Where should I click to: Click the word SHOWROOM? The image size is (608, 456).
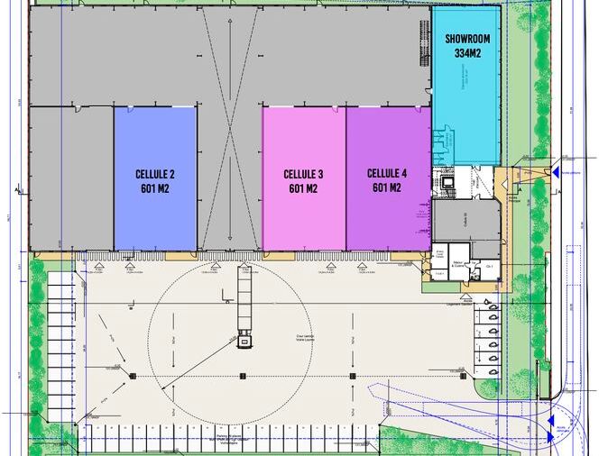point(465,39)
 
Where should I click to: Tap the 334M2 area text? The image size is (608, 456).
point(465,54)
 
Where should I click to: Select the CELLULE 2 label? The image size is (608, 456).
point(155,174)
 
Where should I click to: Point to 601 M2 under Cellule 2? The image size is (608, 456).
point(155,189)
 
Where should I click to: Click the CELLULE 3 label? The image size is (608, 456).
point(303,174)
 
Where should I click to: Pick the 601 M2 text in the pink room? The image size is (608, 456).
point(303,189)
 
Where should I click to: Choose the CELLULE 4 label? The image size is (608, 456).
point(387,173)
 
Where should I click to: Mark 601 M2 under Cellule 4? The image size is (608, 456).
point(387,188)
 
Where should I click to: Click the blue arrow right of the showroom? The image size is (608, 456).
point(556,171)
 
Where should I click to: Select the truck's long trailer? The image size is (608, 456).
point(244,297)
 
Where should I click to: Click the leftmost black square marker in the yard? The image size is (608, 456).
point(134,376)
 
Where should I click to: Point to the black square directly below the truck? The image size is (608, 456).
point(243,376)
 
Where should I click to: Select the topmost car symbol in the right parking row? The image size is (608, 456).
point(493,306)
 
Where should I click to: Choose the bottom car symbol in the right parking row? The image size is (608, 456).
point(493,371)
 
